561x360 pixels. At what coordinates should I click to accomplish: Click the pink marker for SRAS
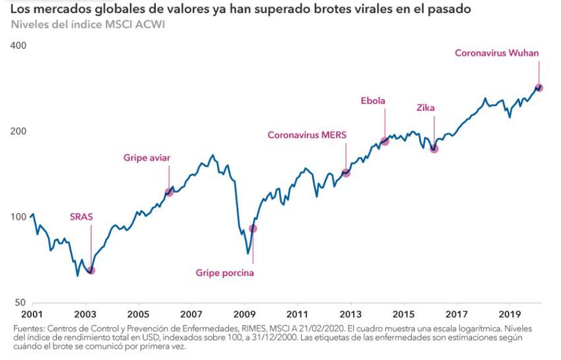coord(91,270)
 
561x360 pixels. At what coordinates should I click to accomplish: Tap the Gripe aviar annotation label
coord(147,158)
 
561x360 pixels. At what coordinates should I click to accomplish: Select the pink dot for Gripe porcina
coord(253,229)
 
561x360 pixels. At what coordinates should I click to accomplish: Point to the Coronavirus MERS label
coord(307,135)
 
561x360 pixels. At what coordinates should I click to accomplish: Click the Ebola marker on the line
coord(385,141)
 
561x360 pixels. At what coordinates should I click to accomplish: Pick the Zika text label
coord(426,108)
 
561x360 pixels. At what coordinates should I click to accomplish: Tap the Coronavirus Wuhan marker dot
coord(539,87)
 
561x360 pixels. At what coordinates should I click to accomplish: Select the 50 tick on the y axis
coord(21,303)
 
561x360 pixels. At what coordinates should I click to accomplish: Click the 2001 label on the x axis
coord(32,314)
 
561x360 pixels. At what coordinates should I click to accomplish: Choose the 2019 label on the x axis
coord(510,314)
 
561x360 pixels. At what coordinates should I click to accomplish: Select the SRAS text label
coord(81,216)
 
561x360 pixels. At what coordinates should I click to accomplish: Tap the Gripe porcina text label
coord(225,273)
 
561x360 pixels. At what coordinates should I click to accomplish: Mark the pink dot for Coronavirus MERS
coord(346,172)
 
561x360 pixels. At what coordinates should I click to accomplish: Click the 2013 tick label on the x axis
coord(350,314)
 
